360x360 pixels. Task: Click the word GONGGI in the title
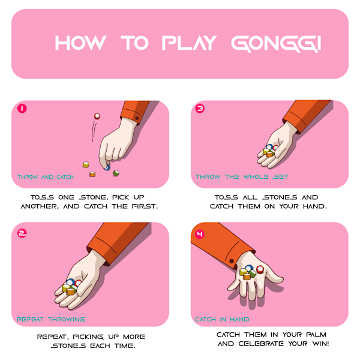tap(276, 43)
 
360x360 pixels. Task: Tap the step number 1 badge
tap(22, 109)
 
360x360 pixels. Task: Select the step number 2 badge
tap(22, 233)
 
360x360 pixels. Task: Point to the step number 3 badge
tap(200, 109)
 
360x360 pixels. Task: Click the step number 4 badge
tap(200, 234)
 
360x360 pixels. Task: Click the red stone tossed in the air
tap(97, 116)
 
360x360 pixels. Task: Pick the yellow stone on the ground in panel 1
tap(86, 164)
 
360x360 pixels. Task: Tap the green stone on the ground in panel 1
tap(116, 173)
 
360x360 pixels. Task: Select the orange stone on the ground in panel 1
tap(92, 174)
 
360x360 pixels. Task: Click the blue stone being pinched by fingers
tap(107, 167)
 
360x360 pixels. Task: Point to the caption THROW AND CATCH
tap(46, 177)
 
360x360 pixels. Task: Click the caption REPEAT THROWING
tap(51, 319)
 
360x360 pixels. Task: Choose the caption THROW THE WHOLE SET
tap(242, 177)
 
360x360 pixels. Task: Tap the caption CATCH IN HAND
tap(222, 319)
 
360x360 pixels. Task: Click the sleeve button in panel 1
tap(137, 118)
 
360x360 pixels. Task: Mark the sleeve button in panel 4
tap(232, 261)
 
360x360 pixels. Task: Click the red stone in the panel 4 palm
tap(260, 269)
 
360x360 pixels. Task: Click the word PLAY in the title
tap(189, 43)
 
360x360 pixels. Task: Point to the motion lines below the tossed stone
tap(94, 131)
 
